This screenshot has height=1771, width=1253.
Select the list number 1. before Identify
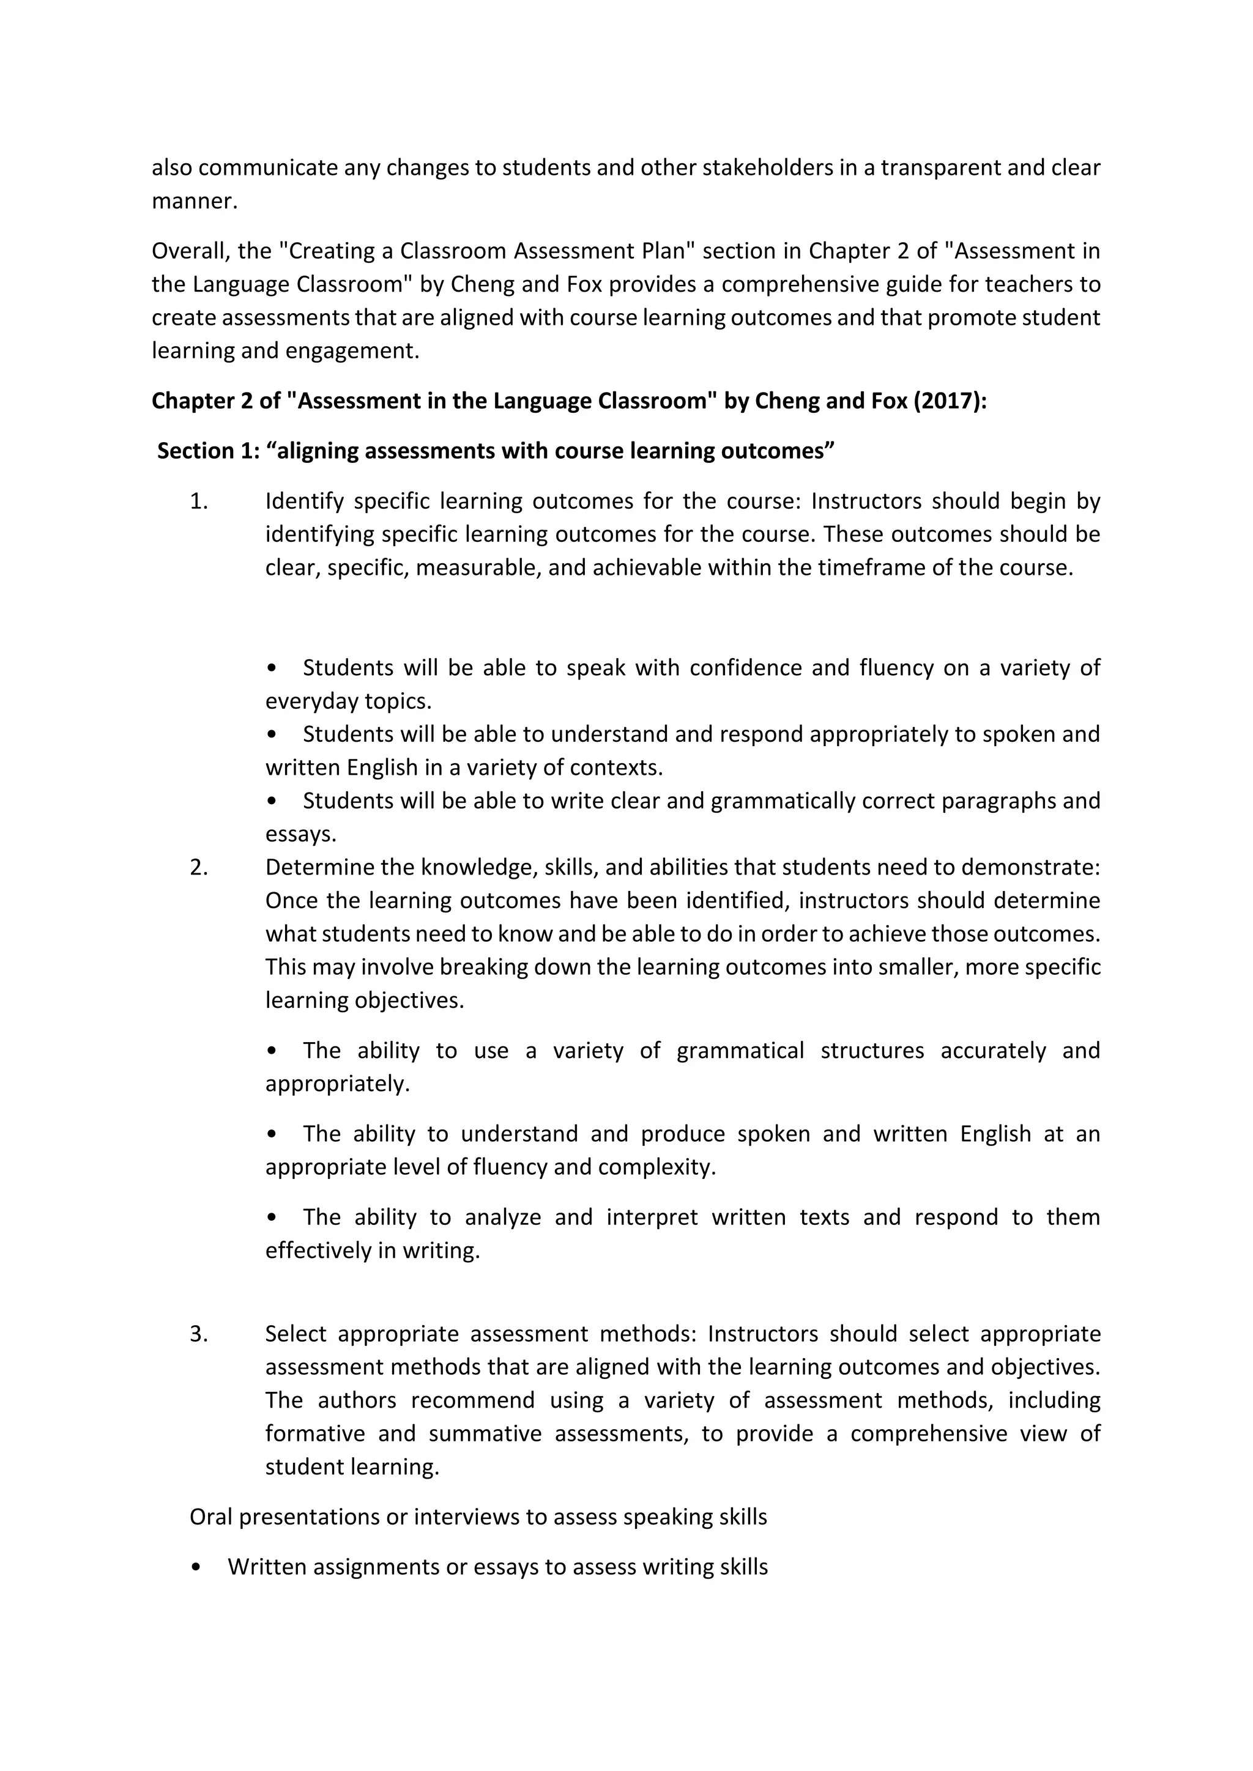pyautogui.click(x=199, y=501)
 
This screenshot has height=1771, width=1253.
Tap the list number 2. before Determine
pyautogui.click(x=199, y=867)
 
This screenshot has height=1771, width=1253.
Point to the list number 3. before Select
pyautogui.click(x=199, y=1334)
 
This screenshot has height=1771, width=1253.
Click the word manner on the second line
pyautogui.click(x=193, y=201)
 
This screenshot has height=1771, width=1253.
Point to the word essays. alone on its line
pyautogui.click(x=301, y=835)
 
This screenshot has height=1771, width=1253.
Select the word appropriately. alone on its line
pyautogui.click(x=337, y=1084)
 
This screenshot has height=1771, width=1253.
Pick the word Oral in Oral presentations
pyautogui.click(x=210, y=1517)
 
